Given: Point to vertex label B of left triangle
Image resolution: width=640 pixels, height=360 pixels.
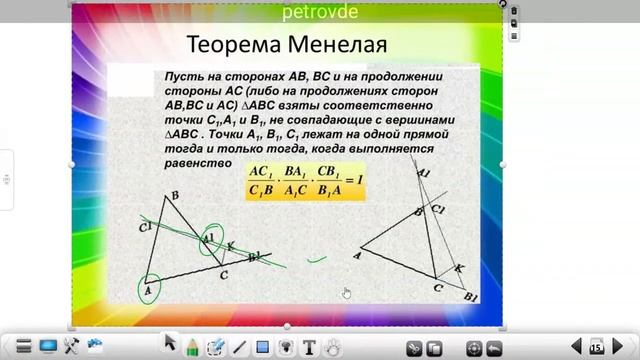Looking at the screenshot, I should (176, 196).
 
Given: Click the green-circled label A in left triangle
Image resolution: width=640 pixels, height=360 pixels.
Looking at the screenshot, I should (147, 290).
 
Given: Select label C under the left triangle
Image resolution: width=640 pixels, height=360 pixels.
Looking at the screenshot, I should (225, 274).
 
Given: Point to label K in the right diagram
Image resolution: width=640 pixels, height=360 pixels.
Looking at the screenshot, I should (459, 267).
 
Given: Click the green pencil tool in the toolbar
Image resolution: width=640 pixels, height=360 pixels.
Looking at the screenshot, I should (193, 346).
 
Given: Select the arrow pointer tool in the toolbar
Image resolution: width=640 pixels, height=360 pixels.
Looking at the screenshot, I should (170, 345).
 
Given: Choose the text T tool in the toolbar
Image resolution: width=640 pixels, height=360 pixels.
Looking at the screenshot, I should (310, 347).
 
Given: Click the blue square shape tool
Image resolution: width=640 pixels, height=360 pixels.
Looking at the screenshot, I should (263, 347).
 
